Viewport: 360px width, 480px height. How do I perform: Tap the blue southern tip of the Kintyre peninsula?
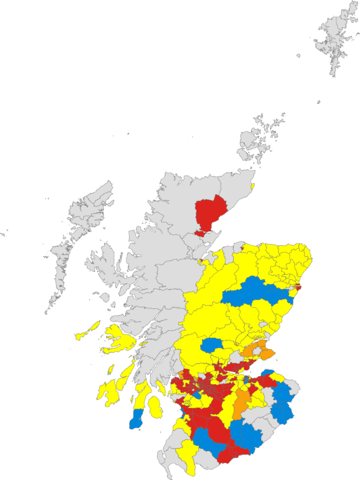coord(136,419)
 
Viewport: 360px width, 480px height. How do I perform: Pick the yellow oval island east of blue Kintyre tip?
coord(155,407)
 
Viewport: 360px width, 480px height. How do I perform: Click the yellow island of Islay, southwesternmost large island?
coord(109,393)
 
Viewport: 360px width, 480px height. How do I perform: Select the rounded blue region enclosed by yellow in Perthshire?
coord(212,345)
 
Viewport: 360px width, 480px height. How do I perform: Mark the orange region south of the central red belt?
coord(242,403)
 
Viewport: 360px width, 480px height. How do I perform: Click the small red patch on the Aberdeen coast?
coord(298,287)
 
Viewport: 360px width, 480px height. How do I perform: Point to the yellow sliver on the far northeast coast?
coord(252,187)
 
